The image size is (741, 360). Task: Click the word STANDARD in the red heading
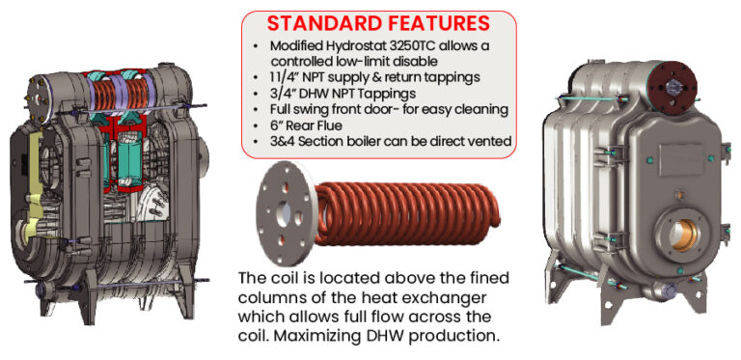click(322, 23)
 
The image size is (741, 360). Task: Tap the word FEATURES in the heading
click(438, 23)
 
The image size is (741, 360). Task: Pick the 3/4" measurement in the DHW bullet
click(283, 93)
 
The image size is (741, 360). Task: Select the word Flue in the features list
click(331, 125)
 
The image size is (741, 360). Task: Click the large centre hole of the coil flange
click(285, 209)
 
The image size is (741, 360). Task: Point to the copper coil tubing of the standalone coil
click(406, 214)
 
